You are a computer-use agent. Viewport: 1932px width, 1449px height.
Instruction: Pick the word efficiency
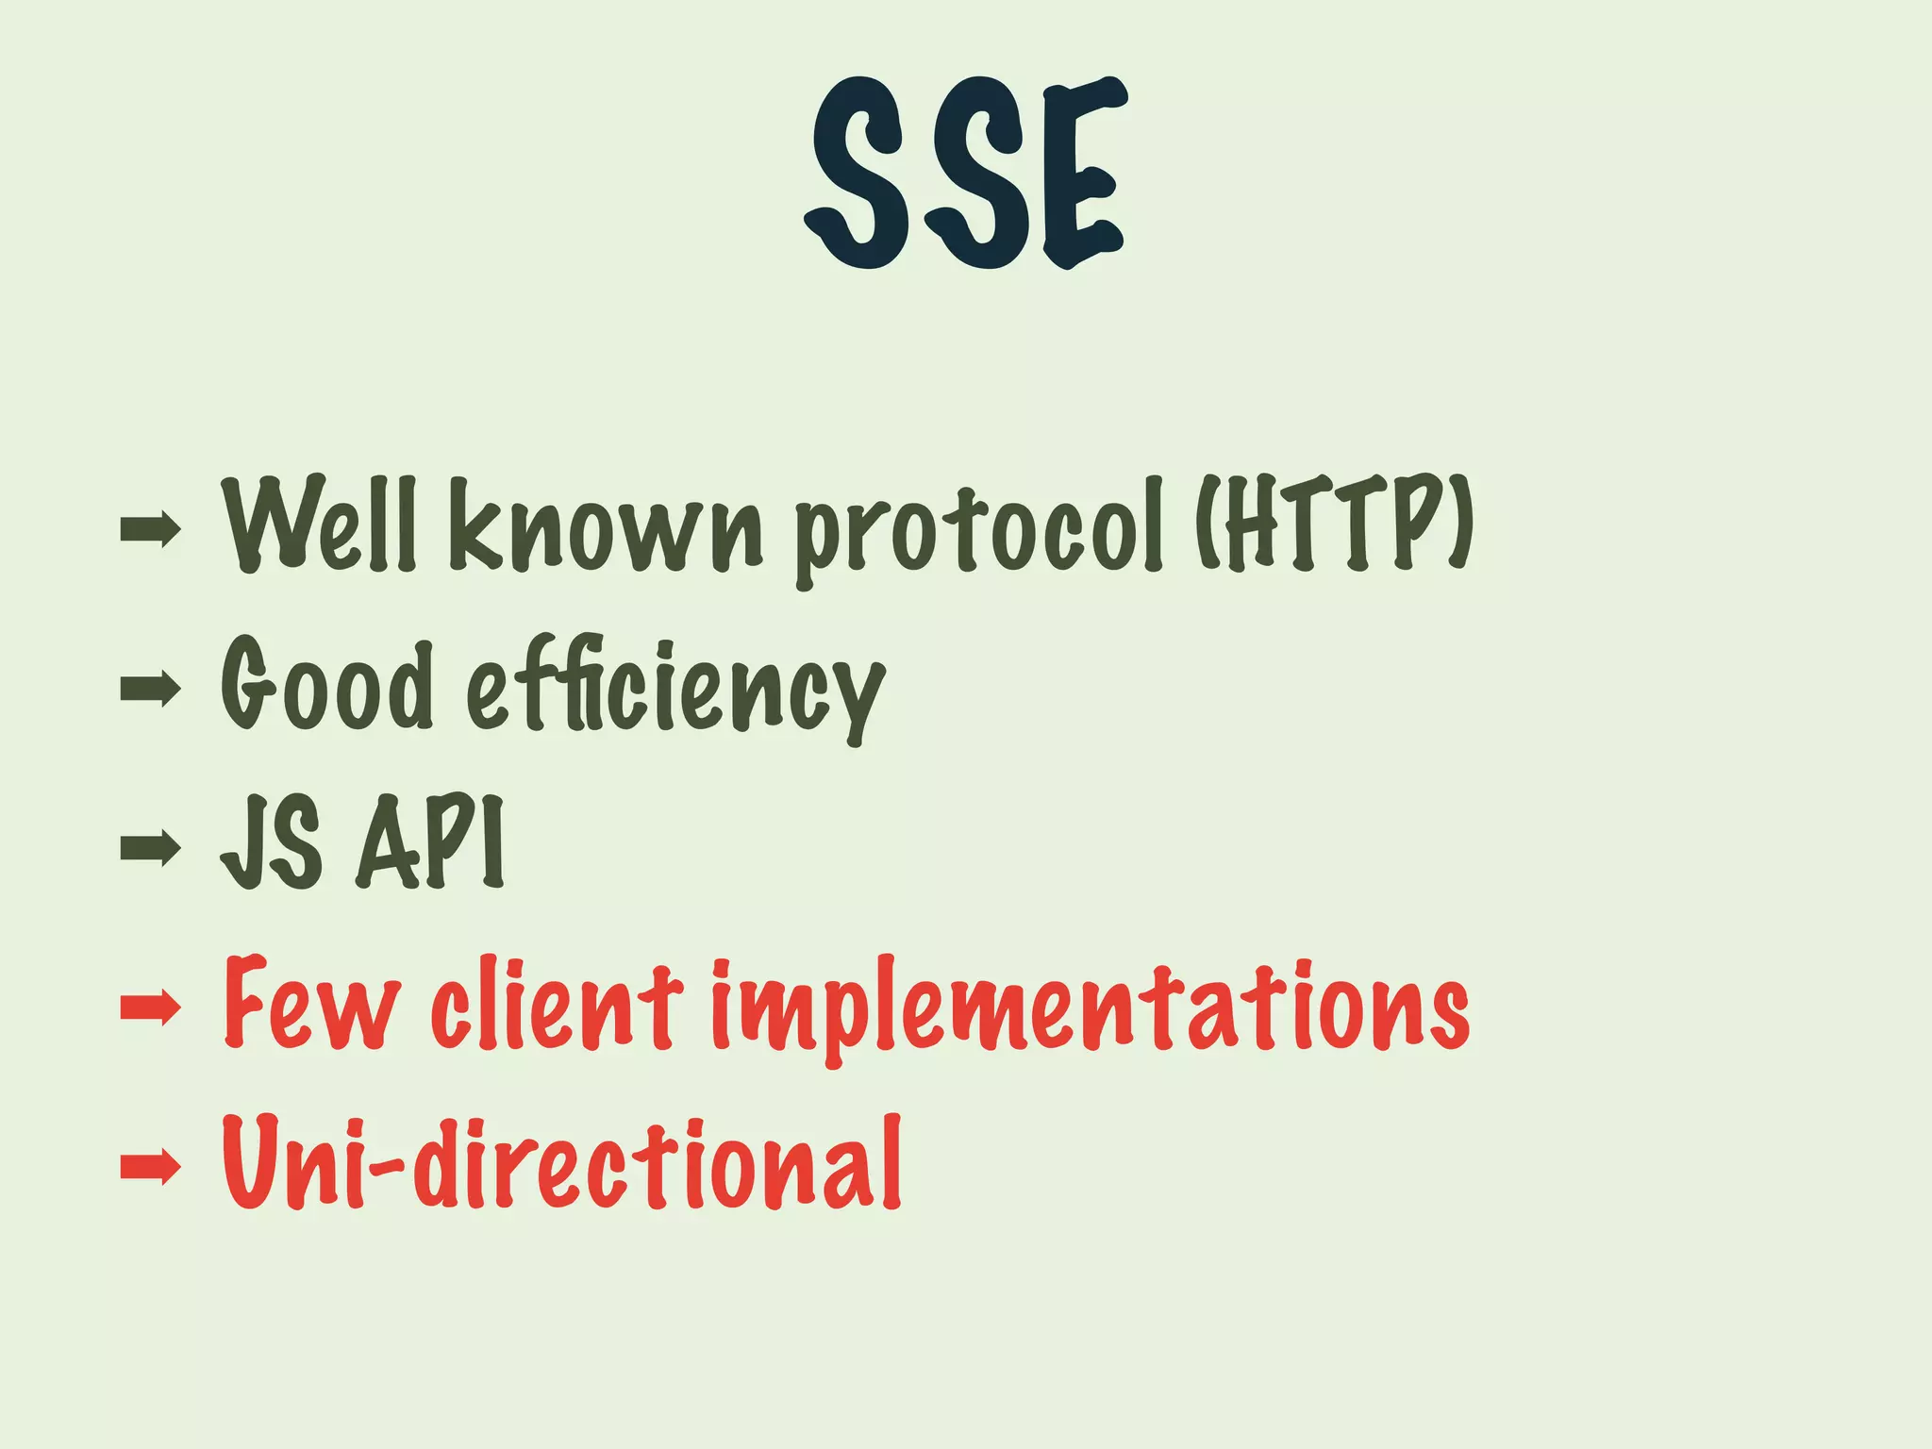[x=675, y=689]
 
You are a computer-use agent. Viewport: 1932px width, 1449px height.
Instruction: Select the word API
[x=430, y=842]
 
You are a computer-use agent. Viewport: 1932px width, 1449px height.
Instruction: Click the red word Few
[x=311, y=1004]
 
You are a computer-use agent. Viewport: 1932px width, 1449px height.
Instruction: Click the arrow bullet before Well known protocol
[x=150, y=529]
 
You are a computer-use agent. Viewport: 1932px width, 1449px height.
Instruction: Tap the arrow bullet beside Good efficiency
[x=150, y=689]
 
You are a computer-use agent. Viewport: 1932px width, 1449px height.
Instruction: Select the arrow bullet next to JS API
[x=150, y=847]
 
